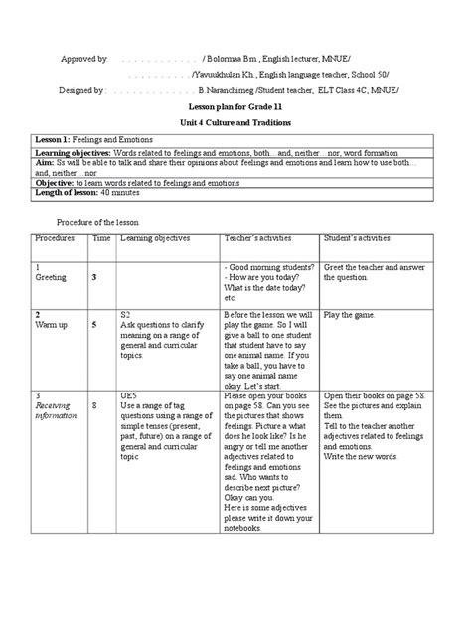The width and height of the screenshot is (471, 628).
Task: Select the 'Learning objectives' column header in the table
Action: (x=156, y=239)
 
